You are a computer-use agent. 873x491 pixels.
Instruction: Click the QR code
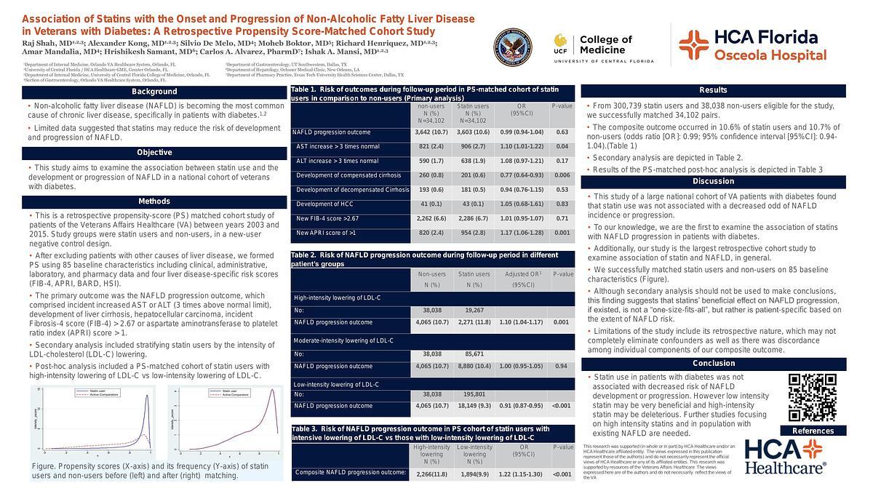point(813,398)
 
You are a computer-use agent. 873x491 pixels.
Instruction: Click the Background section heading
point(154,92)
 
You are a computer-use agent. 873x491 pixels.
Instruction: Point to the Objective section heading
point(154,153)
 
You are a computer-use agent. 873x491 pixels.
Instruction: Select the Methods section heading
point(154,201)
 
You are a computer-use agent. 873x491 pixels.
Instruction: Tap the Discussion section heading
point(713,181)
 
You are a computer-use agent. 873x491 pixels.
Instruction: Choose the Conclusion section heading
point(713,363)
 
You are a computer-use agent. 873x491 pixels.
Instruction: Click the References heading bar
point(813,431)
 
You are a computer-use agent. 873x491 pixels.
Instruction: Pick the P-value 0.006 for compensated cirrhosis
point(562,175)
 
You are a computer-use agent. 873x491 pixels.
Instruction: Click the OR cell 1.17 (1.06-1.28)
point(522,233)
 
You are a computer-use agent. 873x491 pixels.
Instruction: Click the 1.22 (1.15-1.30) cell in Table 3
point(522,474)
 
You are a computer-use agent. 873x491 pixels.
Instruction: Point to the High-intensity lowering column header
point(431,455)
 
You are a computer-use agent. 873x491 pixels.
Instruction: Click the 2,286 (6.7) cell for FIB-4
point(473,219)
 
